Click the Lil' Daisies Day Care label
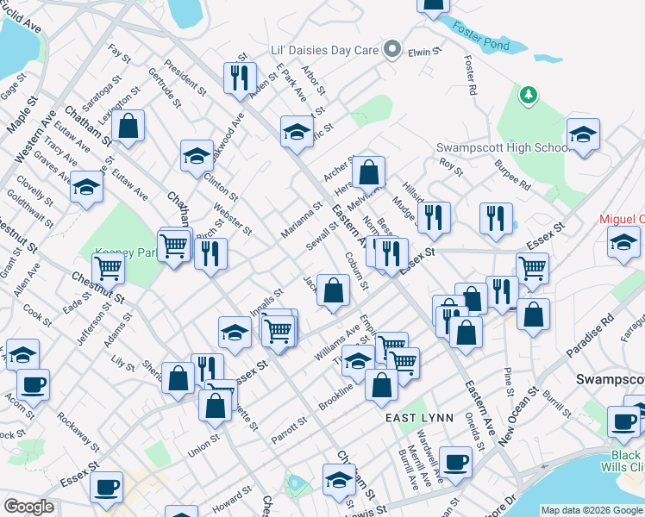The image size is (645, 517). [324, 50]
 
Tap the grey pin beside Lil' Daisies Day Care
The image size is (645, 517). [393, 49]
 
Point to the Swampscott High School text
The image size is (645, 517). [500, 147]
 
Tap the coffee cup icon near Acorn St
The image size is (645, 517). [33, 383]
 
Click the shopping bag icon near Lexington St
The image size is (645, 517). [128, 128]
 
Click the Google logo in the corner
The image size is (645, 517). [28, 506]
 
